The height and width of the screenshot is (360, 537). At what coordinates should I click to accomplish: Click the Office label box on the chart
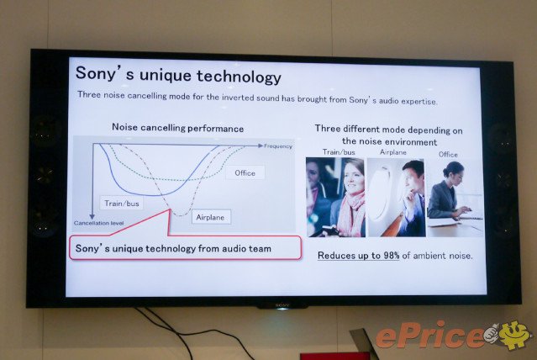click(245, 172)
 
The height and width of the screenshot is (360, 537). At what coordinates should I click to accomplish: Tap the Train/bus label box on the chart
click(122, 204)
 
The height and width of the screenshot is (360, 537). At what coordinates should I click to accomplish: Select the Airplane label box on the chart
click(210, 217)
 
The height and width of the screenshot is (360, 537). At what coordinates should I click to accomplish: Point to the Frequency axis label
click(278, 146)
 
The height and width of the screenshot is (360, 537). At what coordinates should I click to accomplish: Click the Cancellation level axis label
click(98, 223)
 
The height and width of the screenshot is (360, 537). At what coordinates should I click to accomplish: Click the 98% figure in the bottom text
click(391, 256)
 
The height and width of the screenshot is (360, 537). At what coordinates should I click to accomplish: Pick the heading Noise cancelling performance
click(178, 128)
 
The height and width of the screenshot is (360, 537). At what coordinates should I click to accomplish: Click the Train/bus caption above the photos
click(339, 152)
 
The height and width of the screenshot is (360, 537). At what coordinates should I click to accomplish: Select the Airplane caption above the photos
click(393, 152)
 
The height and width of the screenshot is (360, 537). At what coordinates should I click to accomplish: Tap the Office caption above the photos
click(448, 154)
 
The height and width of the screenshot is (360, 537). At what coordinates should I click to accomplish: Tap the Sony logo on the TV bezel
click(282, 304)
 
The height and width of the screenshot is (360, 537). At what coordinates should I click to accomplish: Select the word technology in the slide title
click(210, 76)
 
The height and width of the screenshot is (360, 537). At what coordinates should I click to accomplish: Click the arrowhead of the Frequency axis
click(261, 146)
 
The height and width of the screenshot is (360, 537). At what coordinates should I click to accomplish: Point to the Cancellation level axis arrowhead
click(92, 217)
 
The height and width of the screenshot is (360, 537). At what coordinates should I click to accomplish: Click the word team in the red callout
click(260, 249)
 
